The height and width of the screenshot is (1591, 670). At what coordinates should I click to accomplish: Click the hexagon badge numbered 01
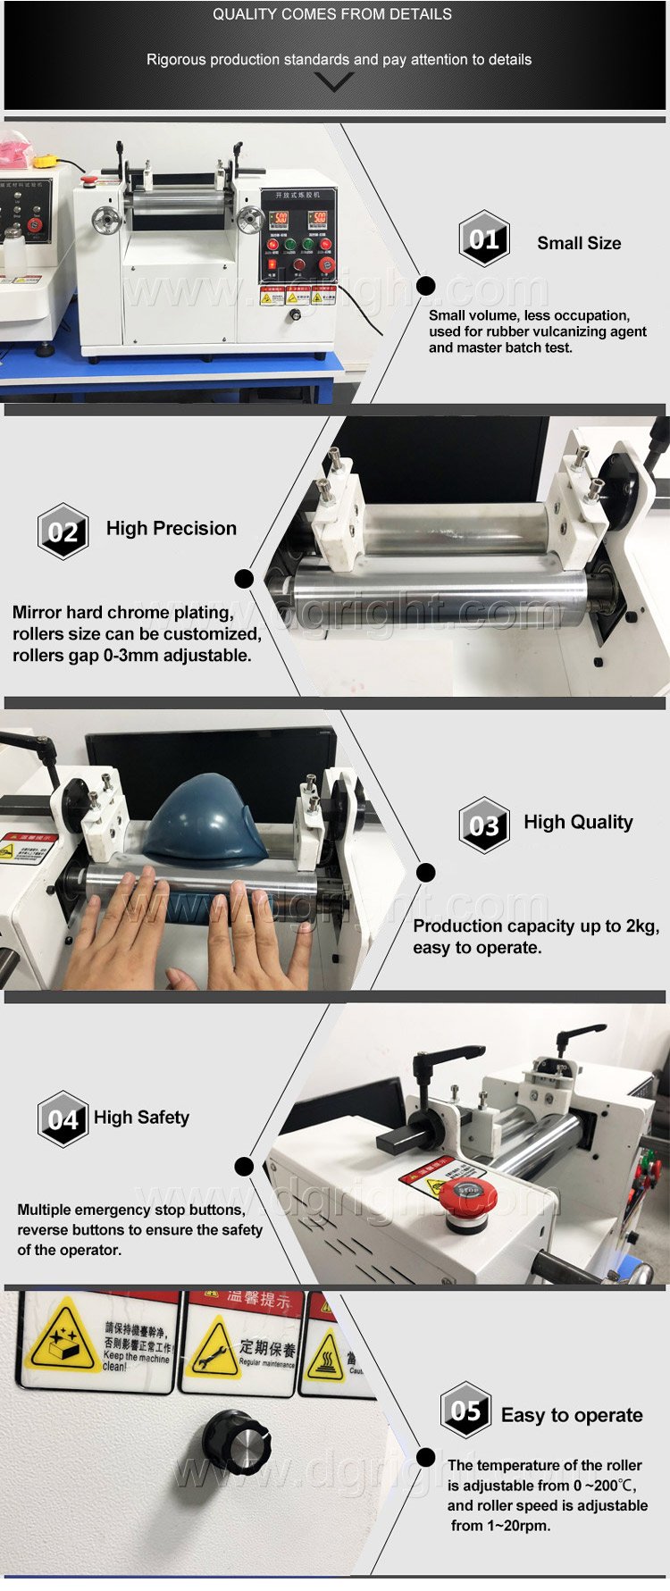484,239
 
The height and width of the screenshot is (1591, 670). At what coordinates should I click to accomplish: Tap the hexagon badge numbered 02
63,532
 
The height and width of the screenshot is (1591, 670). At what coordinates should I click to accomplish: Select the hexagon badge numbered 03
484,825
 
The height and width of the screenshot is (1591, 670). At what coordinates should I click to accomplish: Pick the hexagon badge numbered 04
63,1118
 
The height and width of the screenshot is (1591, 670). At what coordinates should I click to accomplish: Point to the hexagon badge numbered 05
465,1411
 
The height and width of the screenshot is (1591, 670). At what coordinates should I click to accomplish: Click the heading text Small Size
579,243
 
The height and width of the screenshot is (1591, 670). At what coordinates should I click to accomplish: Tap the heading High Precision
172,528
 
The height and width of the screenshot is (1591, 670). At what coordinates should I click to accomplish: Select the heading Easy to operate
572,1415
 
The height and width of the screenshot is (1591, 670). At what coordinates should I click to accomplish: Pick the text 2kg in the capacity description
641,926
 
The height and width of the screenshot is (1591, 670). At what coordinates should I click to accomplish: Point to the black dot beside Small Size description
426,286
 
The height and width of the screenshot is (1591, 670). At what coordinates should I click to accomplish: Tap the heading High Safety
141,1118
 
